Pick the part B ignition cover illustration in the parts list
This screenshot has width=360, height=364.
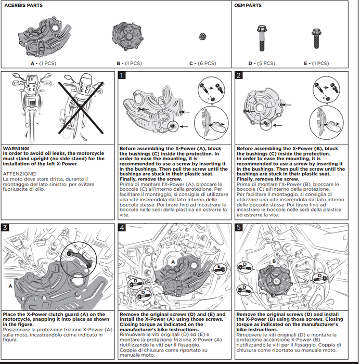[x=128, y=37]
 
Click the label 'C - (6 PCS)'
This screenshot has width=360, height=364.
[x=203, y=63]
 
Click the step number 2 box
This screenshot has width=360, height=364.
[x=239, y=75]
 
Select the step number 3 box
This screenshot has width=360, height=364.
[x=5, y=227]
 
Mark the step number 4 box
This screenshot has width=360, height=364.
[x=122, y=227]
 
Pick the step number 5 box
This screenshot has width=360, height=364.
[x=239, y=227]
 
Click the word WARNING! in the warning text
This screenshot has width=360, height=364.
[x=16, y=148]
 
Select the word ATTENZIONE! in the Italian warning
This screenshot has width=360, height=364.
[x=20, y=174]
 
